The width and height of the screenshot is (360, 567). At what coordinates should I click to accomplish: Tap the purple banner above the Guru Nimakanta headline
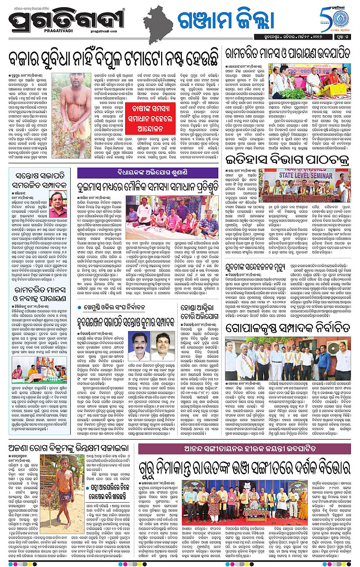coord(244,449)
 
